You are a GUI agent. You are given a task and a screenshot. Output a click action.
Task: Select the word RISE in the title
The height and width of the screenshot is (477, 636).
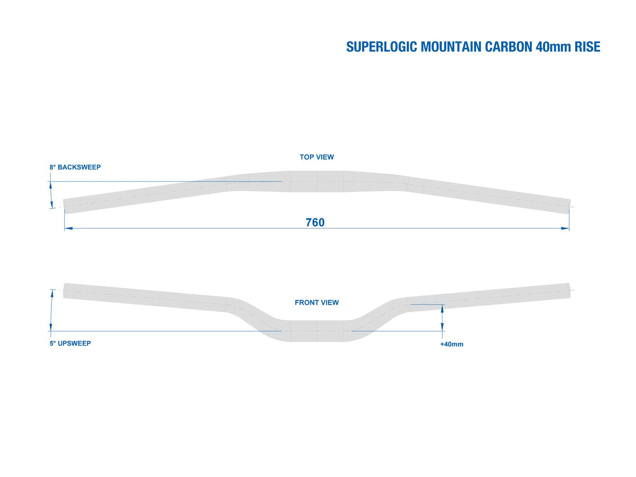point(587,47)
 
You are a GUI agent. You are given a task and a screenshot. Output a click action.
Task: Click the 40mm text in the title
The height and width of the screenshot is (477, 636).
point(553,47)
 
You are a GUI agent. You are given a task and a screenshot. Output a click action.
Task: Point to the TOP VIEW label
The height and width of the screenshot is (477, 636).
point(317,157)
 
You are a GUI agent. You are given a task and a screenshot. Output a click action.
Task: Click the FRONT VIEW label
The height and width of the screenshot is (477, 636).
point(317,302)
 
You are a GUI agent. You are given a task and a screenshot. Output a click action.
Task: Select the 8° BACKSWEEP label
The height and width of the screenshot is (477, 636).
point(75,167)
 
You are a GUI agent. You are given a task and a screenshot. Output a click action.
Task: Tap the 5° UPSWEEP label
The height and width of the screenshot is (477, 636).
point(70,343)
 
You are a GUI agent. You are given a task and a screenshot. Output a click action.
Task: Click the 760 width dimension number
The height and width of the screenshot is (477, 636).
point(315,223)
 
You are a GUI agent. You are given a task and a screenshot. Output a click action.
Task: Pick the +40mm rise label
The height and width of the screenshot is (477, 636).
point(452,344)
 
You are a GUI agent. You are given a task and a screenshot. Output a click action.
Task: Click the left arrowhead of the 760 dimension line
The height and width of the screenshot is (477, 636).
point(68,228)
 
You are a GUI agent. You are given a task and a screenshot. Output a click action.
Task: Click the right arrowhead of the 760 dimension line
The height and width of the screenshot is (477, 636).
point(565,228)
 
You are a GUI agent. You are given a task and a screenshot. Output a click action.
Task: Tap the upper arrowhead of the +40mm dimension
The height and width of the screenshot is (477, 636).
point(442,308)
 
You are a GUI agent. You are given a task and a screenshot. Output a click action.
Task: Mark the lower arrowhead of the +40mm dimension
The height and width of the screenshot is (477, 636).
point(442,326)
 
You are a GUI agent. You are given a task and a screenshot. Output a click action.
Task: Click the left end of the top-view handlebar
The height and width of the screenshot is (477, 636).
point(64,207)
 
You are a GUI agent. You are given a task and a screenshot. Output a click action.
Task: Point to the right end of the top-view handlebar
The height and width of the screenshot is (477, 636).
point(569,207)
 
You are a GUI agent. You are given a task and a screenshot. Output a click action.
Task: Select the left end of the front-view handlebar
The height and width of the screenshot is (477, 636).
point(64,290)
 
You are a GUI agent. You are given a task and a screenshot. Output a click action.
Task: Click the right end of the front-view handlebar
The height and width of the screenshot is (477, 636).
point(569,290)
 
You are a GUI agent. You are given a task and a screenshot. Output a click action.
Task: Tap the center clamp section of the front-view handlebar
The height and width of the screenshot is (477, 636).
point(317,331)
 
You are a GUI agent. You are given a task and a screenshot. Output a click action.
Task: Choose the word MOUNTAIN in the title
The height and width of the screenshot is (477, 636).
point(451,47)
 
